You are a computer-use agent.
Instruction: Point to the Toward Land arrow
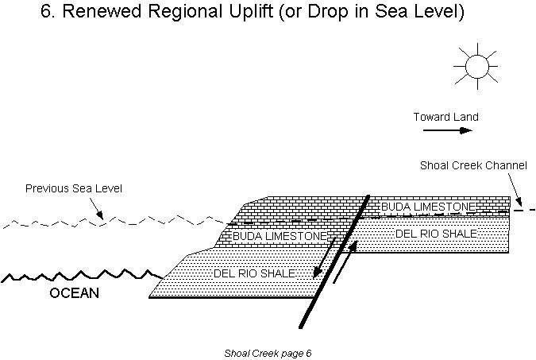click(447, 130)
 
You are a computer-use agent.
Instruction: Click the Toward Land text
click(445, 117)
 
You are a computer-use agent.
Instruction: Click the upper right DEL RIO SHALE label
click(436, 234)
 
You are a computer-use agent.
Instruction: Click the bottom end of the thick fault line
click(301, 326)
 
